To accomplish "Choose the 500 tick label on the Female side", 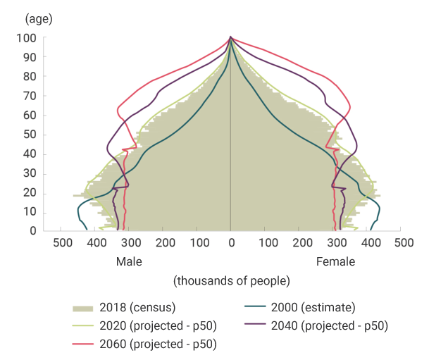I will (403, 244).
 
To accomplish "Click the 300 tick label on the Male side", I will (130, 244).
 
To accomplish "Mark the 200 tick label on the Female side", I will (301, 244).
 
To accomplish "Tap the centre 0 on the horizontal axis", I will (231, 244).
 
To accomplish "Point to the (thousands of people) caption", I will (232, 281).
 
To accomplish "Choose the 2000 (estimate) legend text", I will (315, 307).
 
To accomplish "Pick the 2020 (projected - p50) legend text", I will (158, 325).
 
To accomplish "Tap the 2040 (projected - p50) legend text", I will (332, 325).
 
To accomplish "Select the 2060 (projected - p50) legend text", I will (158, 344).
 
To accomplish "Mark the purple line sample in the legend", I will (258, 325).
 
